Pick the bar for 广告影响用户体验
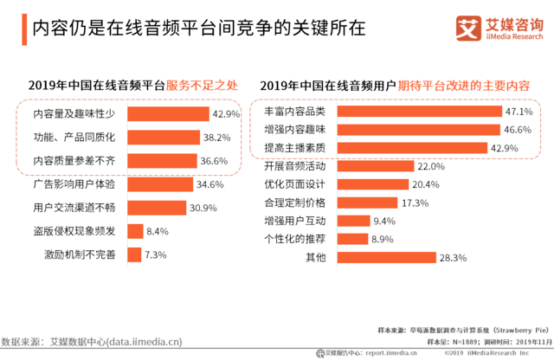click(x=161, y=184)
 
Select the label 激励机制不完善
click(x=85, y=254)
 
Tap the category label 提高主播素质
click(x=294, y=148)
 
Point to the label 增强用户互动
click(x=294, y=221)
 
